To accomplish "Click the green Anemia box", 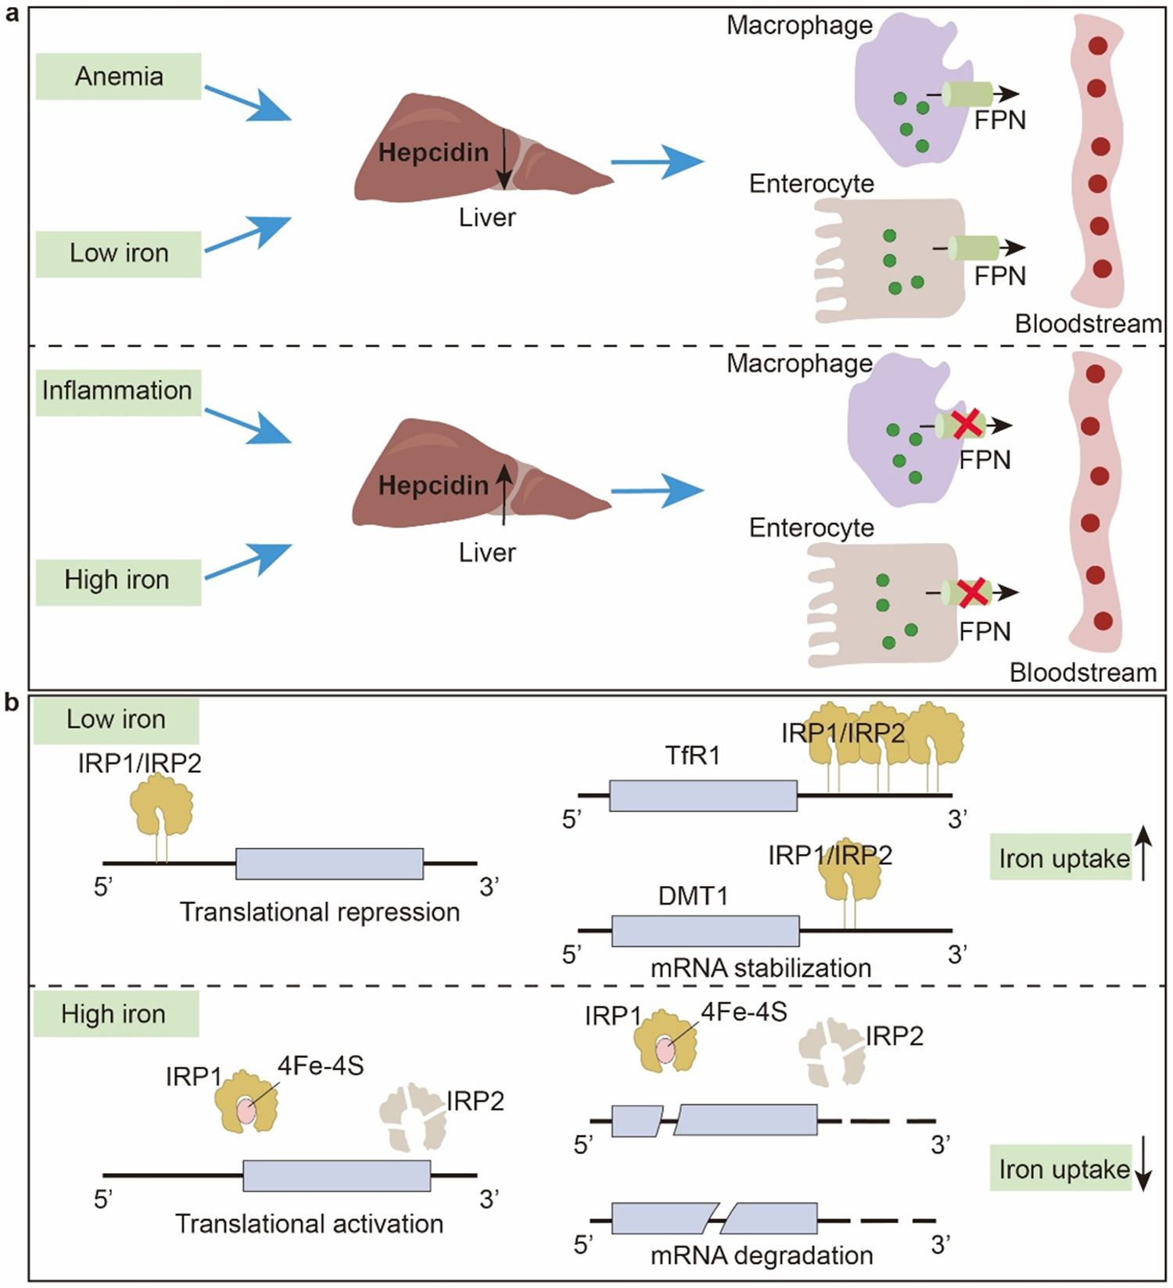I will tap(118, 77).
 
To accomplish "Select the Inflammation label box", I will tap(117, 390).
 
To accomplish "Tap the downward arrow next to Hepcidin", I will tap(504, 159).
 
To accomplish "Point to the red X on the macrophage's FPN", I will tap(967, 424).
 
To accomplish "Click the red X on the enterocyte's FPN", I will tap(973, 592).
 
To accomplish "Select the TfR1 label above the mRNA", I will tap(693, 755).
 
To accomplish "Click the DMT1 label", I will tap(693, 895).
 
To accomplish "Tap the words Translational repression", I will tap(320, 912).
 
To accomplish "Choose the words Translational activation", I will tap(309, 1223).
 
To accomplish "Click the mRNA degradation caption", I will tap(762, 1255).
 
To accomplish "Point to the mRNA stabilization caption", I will tap(761, 968).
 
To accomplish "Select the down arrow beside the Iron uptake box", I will tap(1143, 1170).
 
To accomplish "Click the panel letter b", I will tap(11, 703).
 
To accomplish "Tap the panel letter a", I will tap(11, 14).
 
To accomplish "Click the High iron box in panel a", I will tap(117, 580).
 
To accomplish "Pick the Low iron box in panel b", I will tap(116, 719).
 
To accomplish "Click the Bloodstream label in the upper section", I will tap(1088, 324).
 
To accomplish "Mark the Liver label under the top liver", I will tap(487, 217).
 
